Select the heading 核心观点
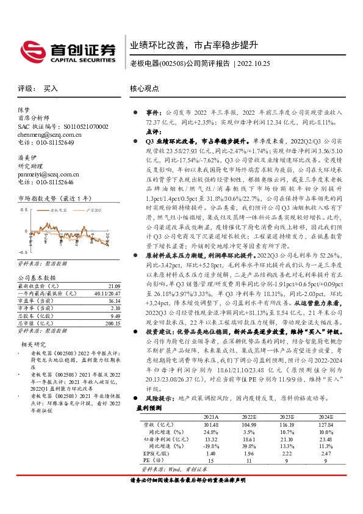[x=145, y=89]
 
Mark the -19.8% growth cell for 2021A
[x=210, y=446]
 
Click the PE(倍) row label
[x=151, y=461]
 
